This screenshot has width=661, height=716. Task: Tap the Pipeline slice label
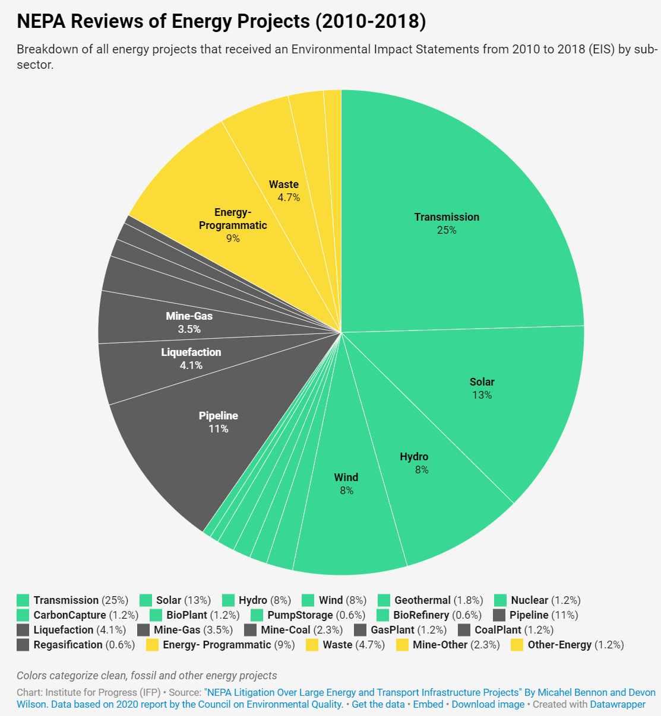[219, 422]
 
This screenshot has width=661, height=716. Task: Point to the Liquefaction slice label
[191, 358]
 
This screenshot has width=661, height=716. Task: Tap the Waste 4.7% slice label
[285, 190]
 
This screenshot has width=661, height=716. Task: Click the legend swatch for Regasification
[23, 645]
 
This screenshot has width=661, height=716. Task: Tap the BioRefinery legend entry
[421, 615]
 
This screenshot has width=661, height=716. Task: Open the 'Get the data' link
[378, 704]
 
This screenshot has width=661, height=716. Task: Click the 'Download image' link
[488, 704]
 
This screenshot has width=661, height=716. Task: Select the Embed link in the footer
[428, 704]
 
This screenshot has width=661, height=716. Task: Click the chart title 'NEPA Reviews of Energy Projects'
[221, 21]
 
